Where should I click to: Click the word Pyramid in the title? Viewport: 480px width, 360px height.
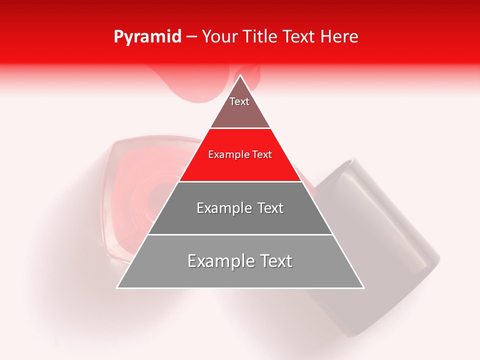point(147,37)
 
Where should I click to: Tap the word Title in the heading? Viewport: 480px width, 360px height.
point(261,37)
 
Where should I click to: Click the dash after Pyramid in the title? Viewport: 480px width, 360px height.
point(191,37)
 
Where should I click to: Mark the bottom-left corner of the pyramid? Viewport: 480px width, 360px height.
point(118,287)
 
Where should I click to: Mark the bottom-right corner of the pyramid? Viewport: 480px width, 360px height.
point(363,287)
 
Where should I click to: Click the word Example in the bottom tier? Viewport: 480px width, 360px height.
point(217,261)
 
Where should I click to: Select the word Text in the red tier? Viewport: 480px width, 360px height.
point(262,155)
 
